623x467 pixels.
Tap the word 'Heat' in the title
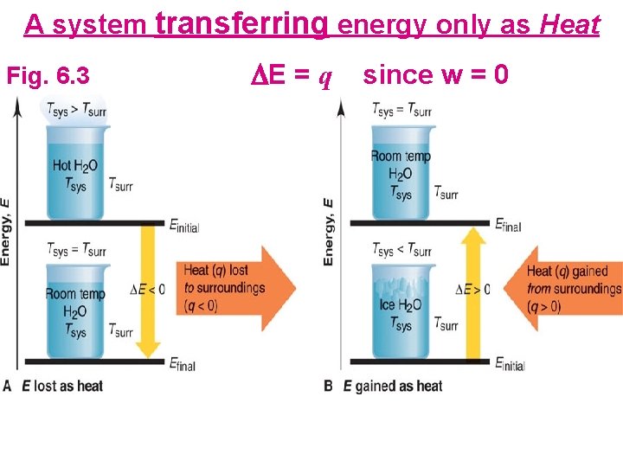(569, 25)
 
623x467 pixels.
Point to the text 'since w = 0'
(435, 75)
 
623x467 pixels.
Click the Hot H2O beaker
(75, 169)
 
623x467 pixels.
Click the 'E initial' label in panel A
(183, 226)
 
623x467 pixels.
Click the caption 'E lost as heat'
(61, 386)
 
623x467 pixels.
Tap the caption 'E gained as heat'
(393, 386)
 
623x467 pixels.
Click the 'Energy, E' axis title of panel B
(328, 232)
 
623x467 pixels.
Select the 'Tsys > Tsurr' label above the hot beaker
(76, 110)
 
